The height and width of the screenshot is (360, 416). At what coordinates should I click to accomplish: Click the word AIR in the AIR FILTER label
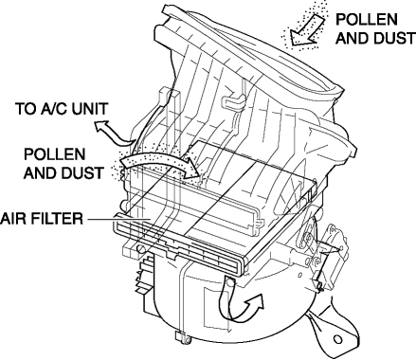pos(10,219)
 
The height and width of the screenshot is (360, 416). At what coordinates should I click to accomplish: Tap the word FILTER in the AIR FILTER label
pos(54,219)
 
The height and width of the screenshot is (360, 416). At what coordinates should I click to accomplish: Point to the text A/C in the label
pos(52,109)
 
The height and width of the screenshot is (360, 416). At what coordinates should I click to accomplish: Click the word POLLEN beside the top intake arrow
pos(367,20)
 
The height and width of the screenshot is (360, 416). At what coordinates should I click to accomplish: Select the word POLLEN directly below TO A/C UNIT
pos(55,154)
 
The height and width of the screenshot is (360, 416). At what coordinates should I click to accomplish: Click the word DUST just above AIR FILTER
pos(81,173)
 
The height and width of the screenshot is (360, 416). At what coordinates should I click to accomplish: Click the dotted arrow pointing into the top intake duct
pos(305,29)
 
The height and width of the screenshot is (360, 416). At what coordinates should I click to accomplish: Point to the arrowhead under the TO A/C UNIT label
pos(101,126)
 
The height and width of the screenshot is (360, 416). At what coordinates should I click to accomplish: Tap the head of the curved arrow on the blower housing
pos(255,302)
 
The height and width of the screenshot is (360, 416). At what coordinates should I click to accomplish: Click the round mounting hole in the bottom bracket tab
pos(337,339)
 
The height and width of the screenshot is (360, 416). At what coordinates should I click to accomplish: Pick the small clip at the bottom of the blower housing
pos(181,337)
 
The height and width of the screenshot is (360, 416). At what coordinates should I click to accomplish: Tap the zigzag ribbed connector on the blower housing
pos(144,274)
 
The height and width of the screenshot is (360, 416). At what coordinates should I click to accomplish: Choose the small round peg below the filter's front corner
pos(141,249)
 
